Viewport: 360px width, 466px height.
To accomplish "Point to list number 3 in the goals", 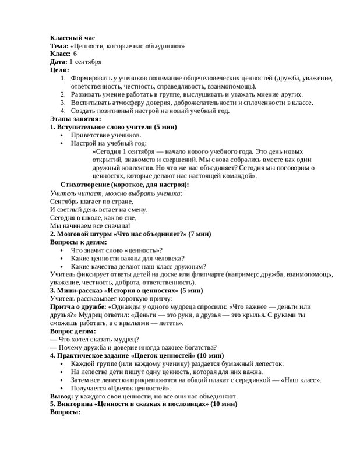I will click(63, 103).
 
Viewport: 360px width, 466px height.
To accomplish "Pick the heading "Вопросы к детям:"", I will click(79, 242).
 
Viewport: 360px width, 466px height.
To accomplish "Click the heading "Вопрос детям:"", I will click(73, 331).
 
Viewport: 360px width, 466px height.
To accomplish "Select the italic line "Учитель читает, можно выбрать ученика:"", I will click(116, 192).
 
